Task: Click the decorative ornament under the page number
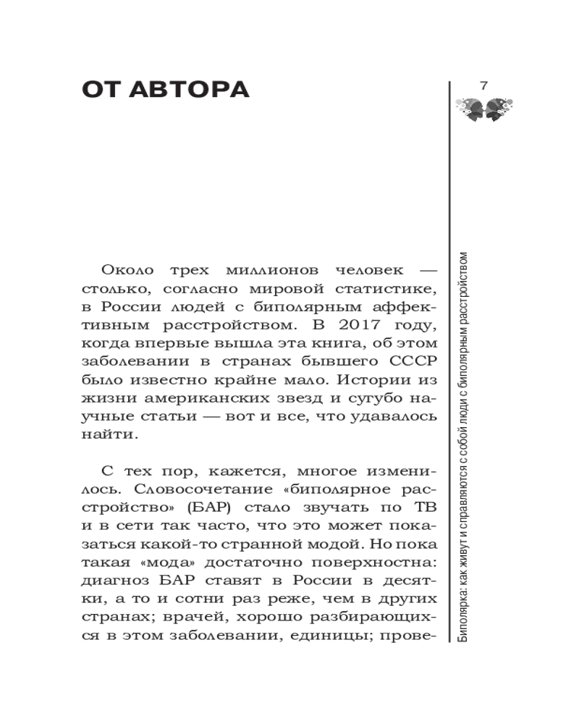coord(483,109)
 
